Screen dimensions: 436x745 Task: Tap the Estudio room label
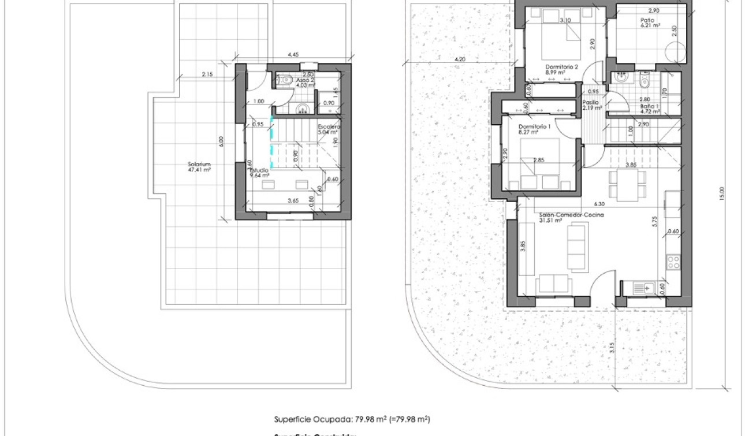click(x=259, y=171)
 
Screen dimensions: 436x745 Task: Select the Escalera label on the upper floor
click(x=329, y=126)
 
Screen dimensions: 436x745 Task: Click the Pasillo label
click(x=590, y=102)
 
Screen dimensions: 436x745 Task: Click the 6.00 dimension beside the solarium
click(x=220, y=140)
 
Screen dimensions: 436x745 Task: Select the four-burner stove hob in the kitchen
click(x=673, y=262)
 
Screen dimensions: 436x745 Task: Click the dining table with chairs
click(x=627, y=187)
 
